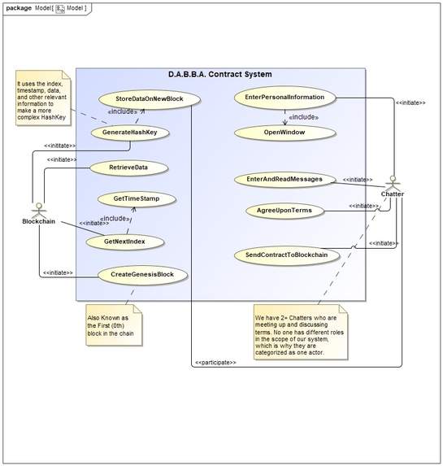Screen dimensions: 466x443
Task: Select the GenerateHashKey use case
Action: coord(129,132)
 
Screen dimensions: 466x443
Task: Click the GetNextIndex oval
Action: coord(124,242)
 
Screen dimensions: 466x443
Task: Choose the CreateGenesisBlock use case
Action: coord(141,275)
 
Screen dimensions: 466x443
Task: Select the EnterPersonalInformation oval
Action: coord(284,98)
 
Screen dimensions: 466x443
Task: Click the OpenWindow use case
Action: coord(284,131)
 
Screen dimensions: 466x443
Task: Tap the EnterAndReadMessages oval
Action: coord(278,179)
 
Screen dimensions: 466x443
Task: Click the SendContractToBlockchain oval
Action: coord(286,255)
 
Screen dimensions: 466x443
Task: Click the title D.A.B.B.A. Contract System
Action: coord(219,75)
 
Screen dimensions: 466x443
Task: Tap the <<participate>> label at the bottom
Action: coord(215,362)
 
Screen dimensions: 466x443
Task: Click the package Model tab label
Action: coord(46,7)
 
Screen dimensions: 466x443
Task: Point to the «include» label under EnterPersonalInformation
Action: coord(304,117)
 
